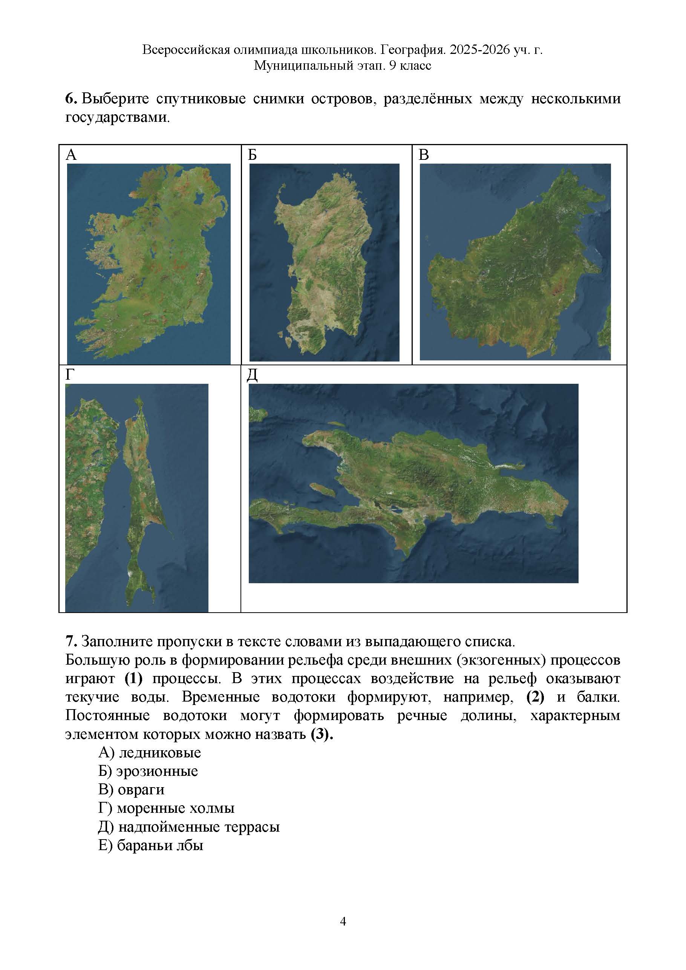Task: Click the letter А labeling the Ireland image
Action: point(71,155)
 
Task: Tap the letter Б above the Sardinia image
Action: point(252,155)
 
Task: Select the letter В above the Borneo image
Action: point(424,155)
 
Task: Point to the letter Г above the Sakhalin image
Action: point(70,375)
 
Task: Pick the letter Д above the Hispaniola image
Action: point(252,375)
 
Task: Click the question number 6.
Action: point(70,99)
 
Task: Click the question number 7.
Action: point(70,641)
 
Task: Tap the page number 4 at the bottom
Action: point(343,921)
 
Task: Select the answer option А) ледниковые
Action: point(150,752)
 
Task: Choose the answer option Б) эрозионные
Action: point(148,771)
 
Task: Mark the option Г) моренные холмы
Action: point(166,808)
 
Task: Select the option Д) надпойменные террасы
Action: point(189,827)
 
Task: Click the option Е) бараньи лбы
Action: point(150,845)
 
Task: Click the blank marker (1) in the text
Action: point(133,679)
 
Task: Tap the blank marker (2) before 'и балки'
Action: point(535,697)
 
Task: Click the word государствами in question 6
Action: point(118,118)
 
